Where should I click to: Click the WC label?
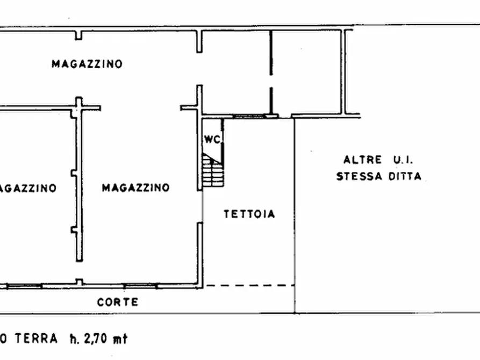[212, 139]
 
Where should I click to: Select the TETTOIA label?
[249, 214]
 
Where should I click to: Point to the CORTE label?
[117, 302]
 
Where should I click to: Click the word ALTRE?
[363, 160]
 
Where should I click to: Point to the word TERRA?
[36, 339]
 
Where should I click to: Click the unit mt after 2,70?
[121, 339]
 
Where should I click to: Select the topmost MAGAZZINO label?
[87, 64]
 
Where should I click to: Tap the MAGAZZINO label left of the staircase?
[135, 188]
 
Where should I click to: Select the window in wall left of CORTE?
[141, 285]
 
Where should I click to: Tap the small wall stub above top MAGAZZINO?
[79, 35]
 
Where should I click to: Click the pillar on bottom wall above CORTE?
[79, 282]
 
